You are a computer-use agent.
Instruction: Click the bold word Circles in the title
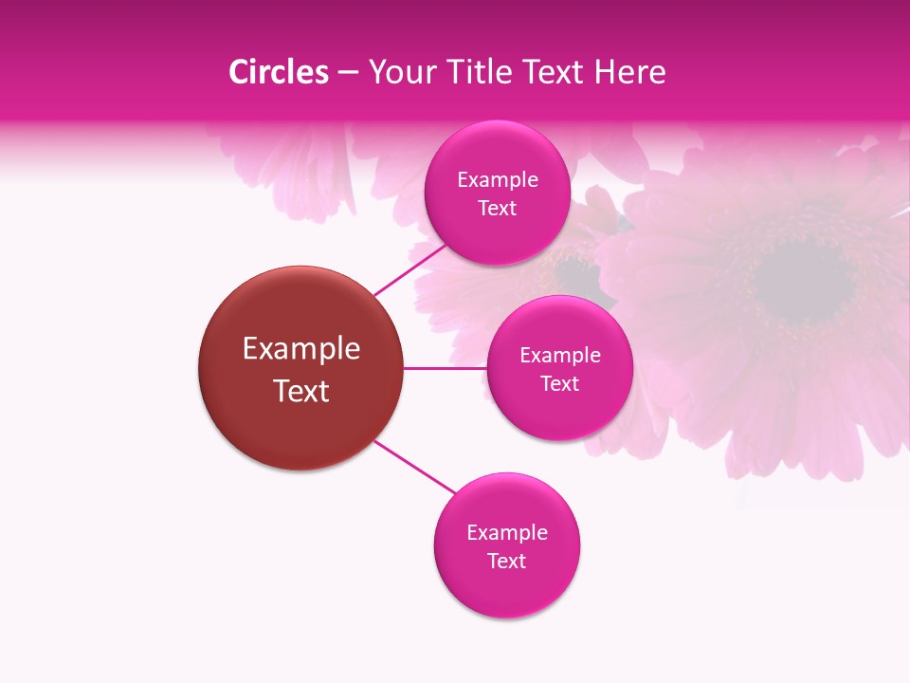279,72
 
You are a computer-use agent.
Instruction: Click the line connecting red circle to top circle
409,268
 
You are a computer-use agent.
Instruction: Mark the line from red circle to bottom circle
414,467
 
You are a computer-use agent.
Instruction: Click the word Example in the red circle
301,349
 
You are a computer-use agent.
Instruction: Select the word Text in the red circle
301,391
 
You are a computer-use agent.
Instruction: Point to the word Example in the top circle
498,179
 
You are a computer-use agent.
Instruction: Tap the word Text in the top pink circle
497,208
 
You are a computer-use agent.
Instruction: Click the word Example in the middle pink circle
560,355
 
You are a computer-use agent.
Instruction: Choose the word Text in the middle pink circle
559,383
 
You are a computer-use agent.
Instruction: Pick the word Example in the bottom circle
507,532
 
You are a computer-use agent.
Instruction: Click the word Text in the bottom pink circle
506,561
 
